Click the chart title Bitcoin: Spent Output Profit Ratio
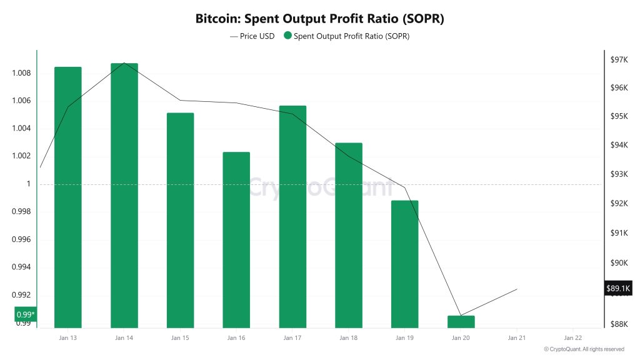(x=319, y=19)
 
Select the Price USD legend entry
(x=252, y=36)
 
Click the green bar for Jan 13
(x=67, y=197)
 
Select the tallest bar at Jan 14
(x=124, y=195)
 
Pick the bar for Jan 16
(x=236, y=239)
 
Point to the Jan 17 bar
(x=292, y=216)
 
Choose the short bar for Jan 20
(x=461, y=321)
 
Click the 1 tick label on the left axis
(x=27, y=184)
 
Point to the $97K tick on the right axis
(x=619, y=60)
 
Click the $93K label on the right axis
(x=619, y=174)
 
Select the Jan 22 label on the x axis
(x=573, y=338)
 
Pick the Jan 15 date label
(x=180, y=338)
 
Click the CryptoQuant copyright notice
(x=584, y=349)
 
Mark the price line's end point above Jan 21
(x=517, y=289)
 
